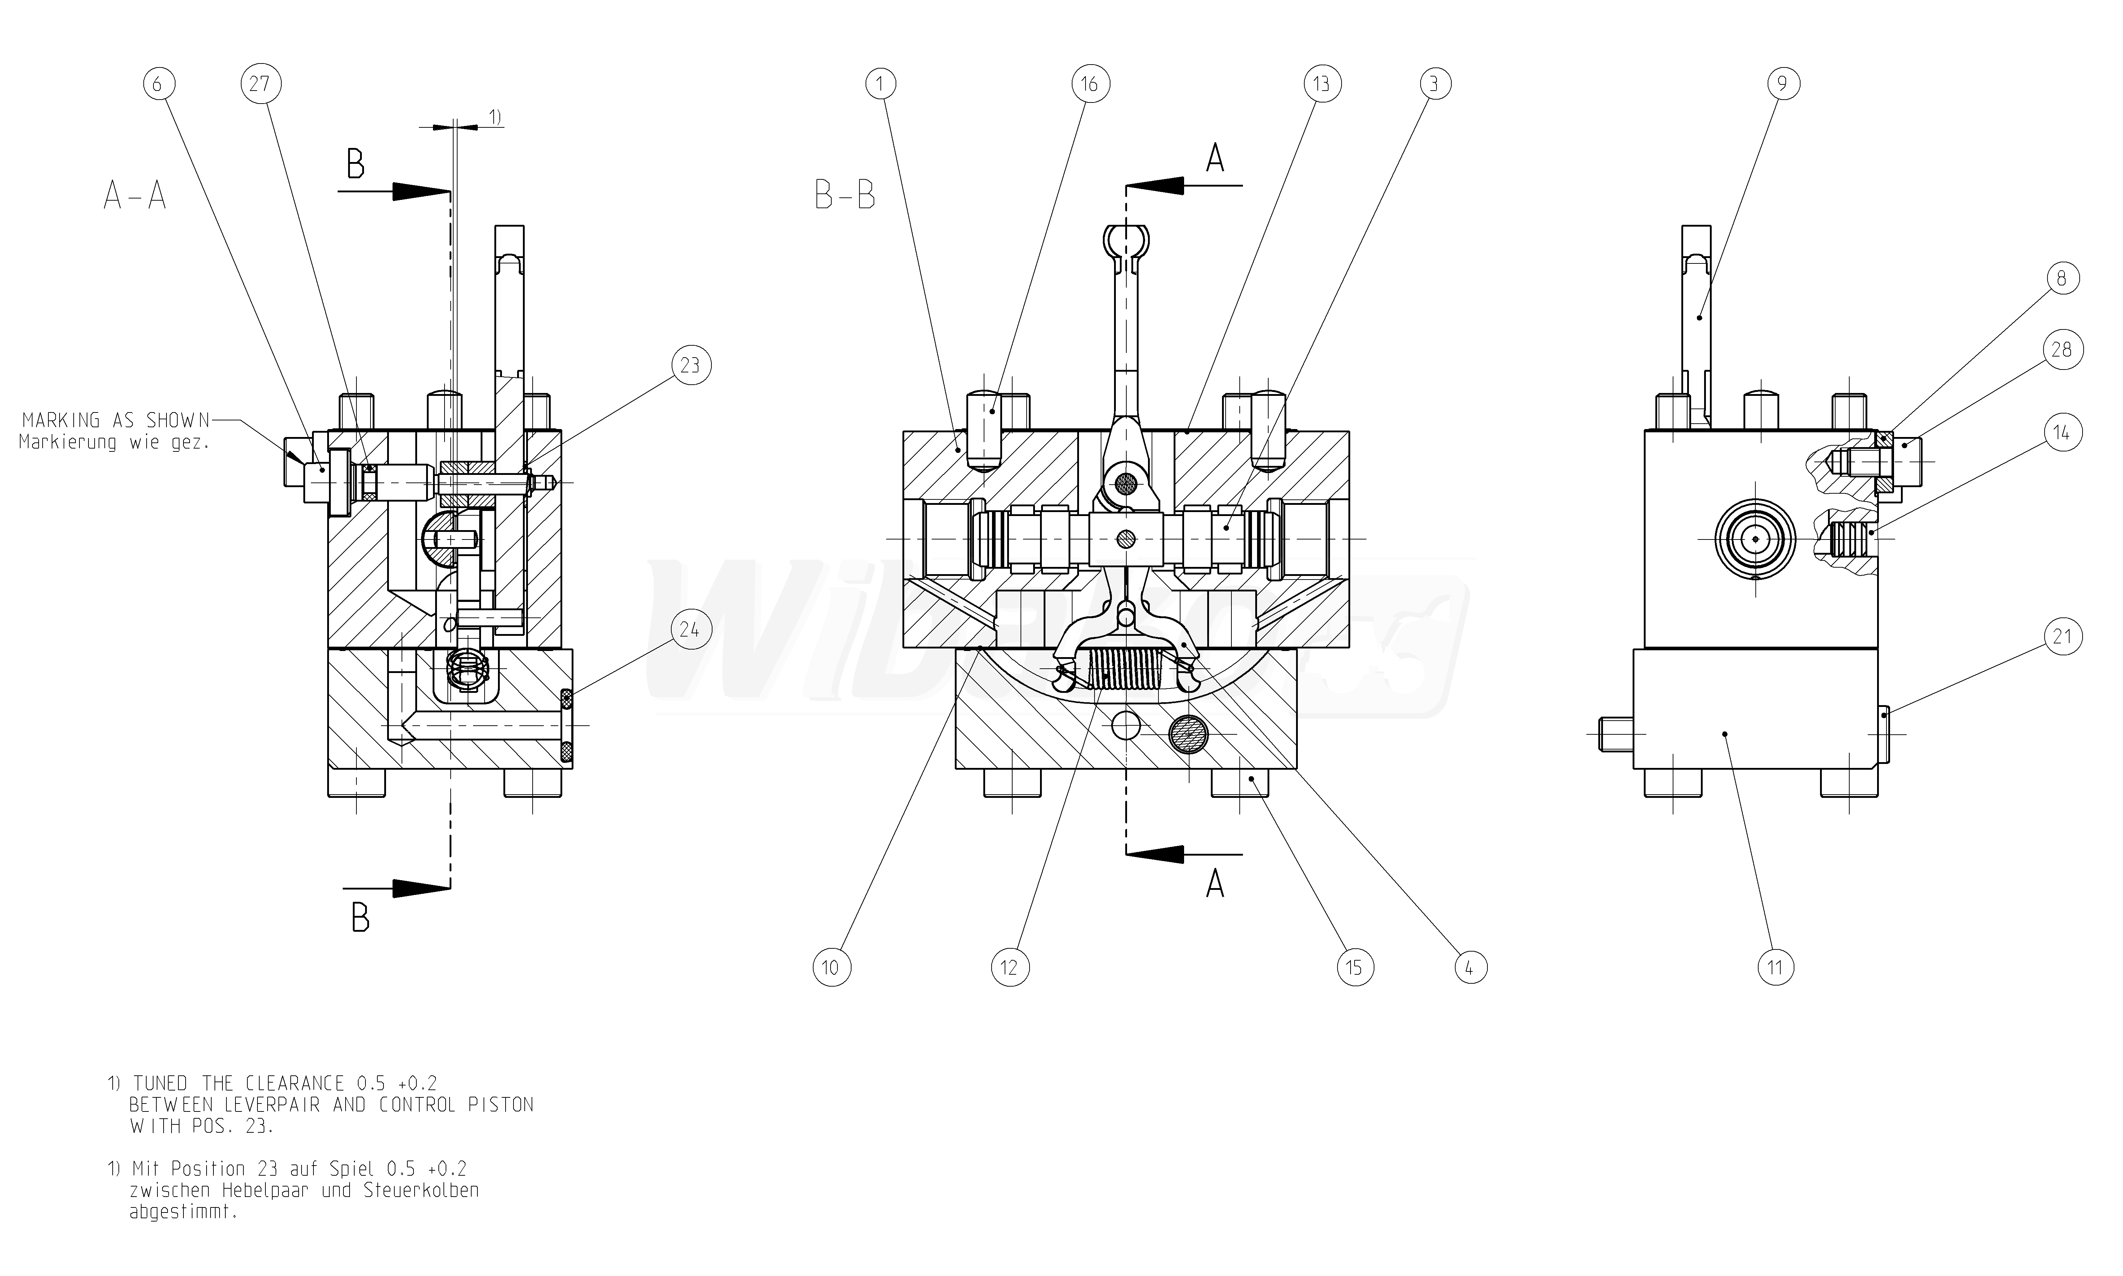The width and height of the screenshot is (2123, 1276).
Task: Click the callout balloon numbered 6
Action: (158, 84)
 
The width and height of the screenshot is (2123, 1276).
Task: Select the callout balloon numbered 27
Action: (260, 84)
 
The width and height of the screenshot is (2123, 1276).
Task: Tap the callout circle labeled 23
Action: (690, 366)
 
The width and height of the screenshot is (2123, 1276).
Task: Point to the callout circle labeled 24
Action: (690, 630)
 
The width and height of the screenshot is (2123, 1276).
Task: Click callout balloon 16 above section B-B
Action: (1090, 84)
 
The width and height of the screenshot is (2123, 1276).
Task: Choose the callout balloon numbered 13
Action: (1321, 84)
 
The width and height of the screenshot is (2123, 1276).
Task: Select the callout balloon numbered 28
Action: (2062, 350)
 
